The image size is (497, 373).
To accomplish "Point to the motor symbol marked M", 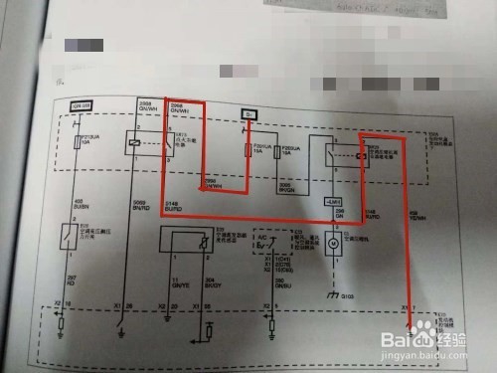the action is coord(335,241).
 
